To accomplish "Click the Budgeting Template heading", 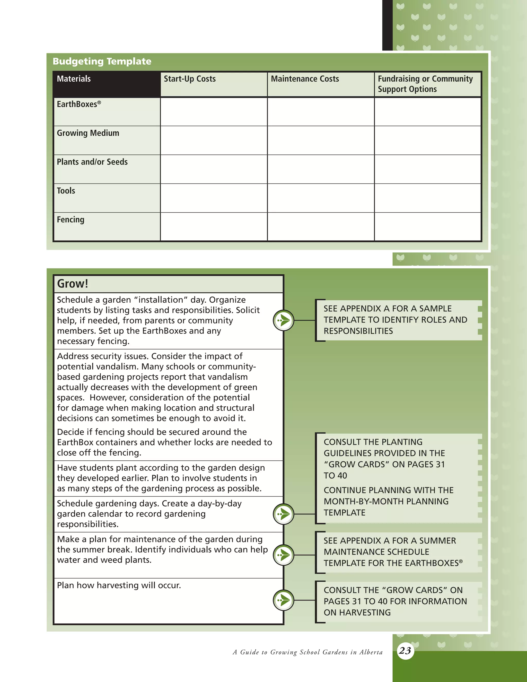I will pyautogui.click(x=102, y=61).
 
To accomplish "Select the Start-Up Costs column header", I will pyautogui.click(x=189, y=79).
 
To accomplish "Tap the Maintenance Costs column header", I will pyautogui.click(x=305, y=79).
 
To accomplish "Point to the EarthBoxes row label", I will pyautogui.click(x=79, y=104).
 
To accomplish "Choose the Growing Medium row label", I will pyautogui.click(x=88, y=133).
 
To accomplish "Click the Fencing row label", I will pyautogui.click(x=71, y=220).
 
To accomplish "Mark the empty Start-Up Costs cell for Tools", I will pyautogui.click(x=214, y=198).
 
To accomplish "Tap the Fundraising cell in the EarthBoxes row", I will pyautogui.click(x=427, y=112).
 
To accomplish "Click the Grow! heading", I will pyautogui.click(x=72, y=284).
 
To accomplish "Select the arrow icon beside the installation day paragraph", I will pyautogui.click(x=284, y=320).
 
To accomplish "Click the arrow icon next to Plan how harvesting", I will pyautogui.click(x=284, y=600).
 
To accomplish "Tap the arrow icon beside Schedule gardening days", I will pyautogui.click(x=284, y=514).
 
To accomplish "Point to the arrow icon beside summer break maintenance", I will pyautogui.click(x=284, y=555).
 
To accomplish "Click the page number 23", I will pyautogui.click(x=405, y=651).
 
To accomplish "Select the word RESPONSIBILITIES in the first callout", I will pyautogui.click(x=358, y=331).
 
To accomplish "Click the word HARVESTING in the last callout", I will pyautogui.click(x=365, y=613).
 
